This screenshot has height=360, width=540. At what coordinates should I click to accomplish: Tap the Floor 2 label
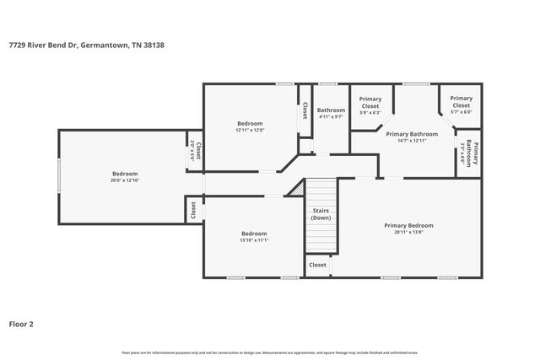pos(22,323)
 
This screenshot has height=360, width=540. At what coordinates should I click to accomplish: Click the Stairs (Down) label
pos(321,213)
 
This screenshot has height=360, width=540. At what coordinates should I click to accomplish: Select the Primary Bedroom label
pos(408,225)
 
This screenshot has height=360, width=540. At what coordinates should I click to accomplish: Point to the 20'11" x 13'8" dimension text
pos(408,233)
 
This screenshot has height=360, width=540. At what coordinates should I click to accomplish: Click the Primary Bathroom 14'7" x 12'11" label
pos(412,137)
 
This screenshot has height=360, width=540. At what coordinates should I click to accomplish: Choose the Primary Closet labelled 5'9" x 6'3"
pos(370,105)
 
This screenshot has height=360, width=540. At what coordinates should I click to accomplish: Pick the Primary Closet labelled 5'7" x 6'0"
pos(461,105)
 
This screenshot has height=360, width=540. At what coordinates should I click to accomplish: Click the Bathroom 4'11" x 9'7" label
pos(331,114)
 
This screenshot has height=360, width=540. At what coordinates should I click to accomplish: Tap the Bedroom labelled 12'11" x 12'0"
pos(250,126)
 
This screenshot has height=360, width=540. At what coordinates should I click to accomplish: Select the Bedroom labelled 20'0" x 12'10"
pos(124,176)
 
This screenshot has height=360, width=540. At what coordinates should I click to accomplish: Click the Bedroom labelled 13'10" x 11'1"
pos(254,237)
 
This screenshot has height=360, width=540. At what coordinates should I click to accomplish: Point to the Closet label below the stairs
pos(317,265)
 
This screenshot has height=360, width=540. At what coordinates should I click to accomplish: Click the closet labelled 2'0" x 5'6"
pos(195,151)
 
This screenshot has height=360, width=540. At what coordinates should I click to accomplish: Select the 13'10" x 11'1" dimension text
pos(254,241)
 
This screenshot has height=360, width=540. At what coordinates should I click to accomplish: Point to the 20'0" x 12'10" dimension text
pos(124,180)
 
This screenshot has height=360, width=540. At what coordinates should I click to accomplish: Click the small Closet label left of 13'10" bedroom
pos(193,210)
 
